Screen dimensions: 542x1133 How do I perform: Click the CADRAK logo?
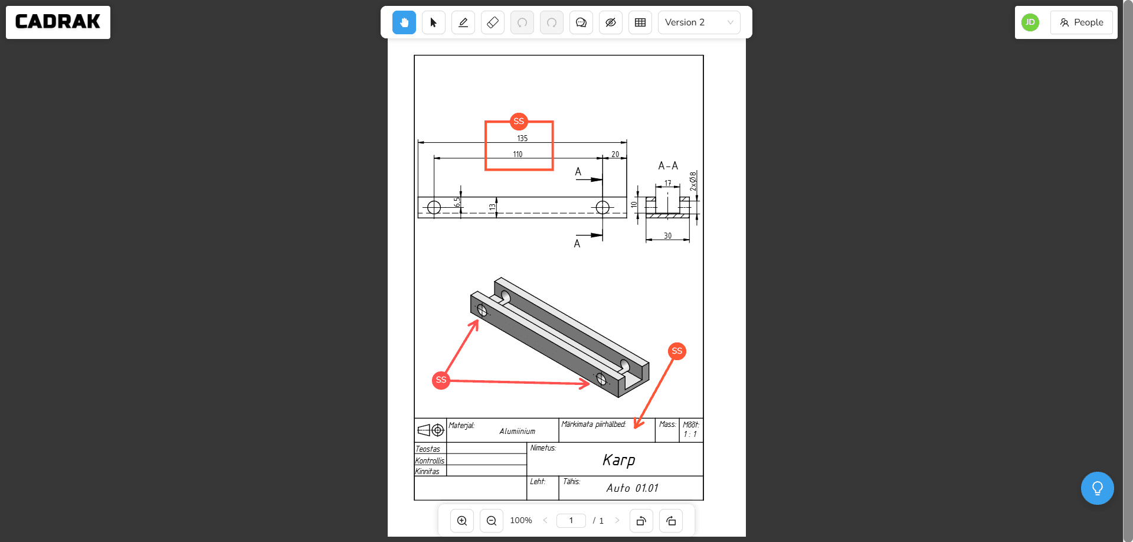58,22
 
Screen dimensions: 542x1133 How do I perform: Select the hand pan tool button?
404,22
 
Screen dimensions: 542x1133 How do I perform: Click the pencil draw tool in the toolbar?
463,22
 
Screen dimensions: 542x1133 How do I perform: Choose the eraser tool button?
493,22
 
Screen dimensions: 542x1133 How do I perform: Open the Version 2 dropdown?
699,22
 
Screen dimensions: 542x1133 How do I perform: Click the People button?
1081,22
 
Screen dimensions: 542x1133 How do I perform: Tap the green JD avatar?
1030,22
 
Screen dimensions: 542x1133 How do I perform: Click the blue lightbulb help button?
1097,488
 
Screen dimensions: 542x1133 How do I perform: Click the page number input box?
571,520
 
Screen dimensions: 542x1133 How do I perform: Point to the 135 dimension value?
522,138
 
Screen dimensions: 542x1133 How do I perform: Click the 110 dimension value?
518,154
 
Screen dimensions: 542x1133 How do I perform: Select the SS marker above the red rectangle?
519,121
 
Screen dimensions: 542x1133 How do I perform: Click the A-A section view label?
668,166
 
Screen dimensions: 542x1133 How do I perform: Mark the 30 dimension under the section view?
667,236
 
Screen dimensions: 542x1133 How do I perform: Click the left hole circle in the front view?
434,207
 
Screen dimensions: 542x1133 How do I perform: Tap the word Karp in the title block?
618,460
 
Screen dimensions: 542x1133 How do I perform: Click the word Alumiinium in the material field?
517,431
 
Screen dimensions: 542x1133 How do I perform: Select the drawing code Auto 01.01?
632,488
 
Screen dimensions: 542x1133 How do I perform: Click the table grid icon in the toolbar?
640,22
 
